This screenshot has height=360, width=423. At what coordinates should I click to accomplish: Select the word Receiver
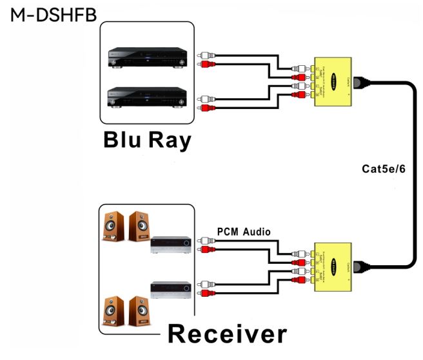(227, 334)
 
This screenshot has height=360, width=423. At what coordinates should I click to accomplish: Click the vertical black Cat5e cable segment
(412, 174)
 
